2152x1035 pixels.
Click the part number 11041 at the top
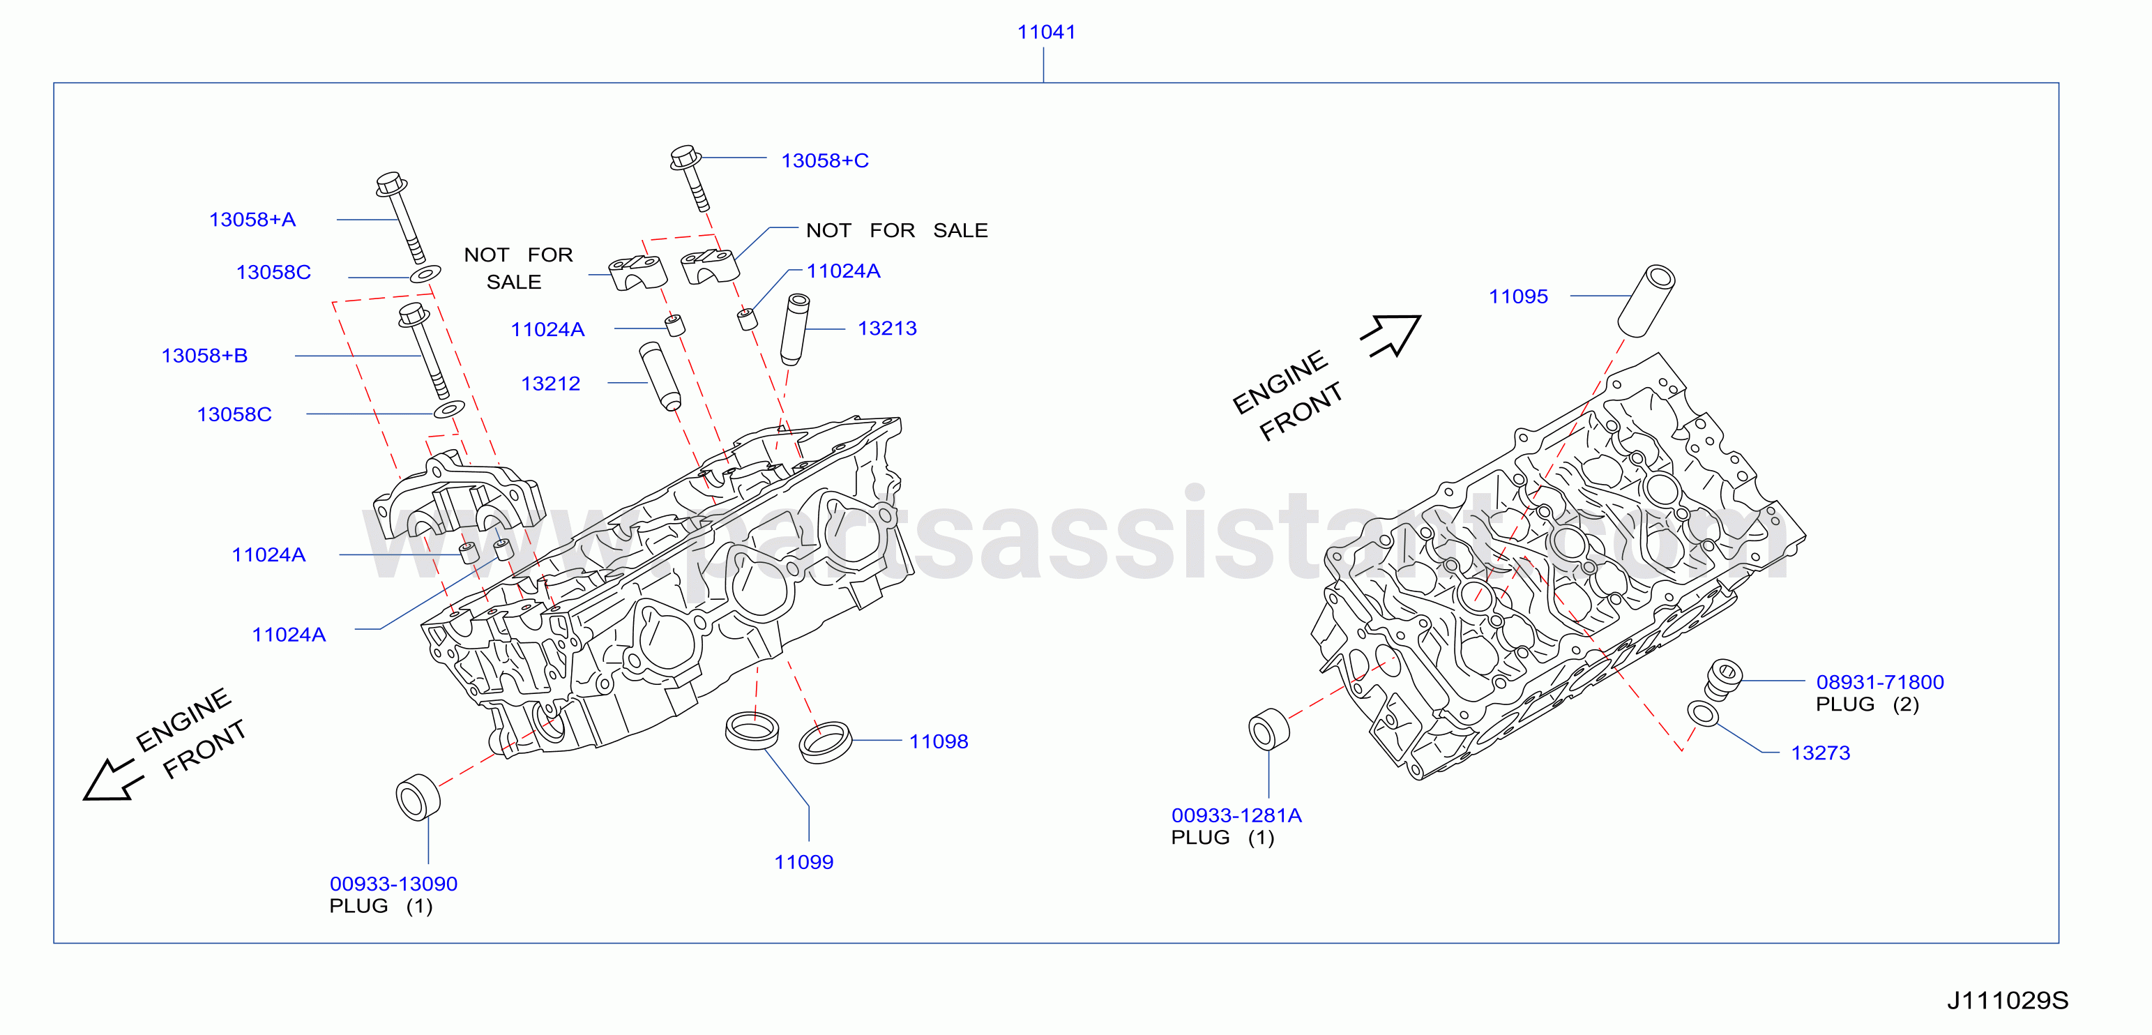[x=1046, y=32]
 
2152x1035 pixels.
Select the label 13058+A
[x=252, y=220]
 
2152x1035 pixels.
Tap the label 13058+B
[x=205, y=356]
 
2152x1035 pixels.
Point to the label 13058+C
[x=824, y=160]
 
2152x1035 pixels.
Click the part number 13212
[x=550, y=384]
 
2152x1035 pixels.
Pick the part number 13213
[x=887, y=328]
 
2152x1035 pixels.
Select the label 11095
[x=1518, y=296]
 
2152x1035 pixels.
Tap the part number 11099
[x=803, y=862]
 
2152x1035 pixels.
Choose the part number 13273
[x=1820, y=753]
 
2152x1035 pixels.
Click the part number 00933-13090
[x=393, y=884]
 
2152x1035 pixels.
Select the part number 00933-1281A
[x=1236, y=815]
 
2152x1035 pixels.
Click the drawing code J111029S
[x=2008, y=1001]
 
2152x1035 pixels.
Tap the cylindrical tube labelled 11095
[x=1646, y=301]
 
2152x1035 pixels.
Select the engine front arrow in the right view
[x=1391, y=335]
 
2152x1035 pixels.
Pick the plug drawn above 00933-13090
[x=418, y=798]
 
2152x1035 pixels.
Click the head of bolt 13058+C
[x=685, y=157]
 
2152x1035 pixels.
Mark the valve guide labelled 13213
[x=794, y=329]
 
